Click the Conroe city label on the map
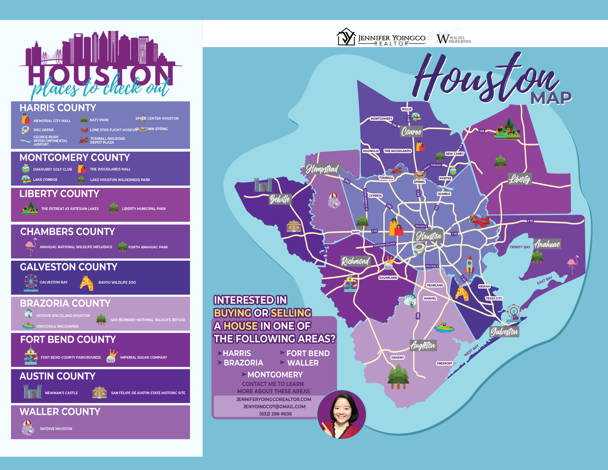[x=411, y=131]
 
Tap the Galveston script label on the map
[x=504, y=331]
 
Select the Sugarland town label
[x=388, y=278]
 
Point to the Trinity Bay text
[x=520, y=247]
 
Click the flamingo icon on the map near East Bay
[x=573, y=263]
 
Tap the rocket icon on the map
[x=469, y=265]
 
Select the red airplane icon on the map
[x=479, y=220]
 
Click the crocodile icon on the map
[x=444, y=328]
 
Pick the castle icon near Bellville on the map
[x=263, y=185]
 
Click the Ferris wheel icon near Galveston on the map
[x=513, y=313]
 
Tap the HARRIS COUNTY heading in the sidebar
[x=58, y=108]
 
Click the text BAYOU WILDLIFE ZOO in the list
[x=117, y=282]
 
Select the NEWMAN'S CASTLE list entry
[x=61, y=393]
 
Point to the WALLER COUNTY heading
[x=60, y=412]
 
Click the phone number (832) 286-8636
[x=275, y=414]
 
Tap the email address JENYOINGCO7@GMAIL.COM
[x=274, y=406]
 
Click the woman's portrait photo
[x=342, y=414]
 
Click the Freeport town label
[x=444, y=363]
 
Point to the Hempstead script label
[x=322, y=169]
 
